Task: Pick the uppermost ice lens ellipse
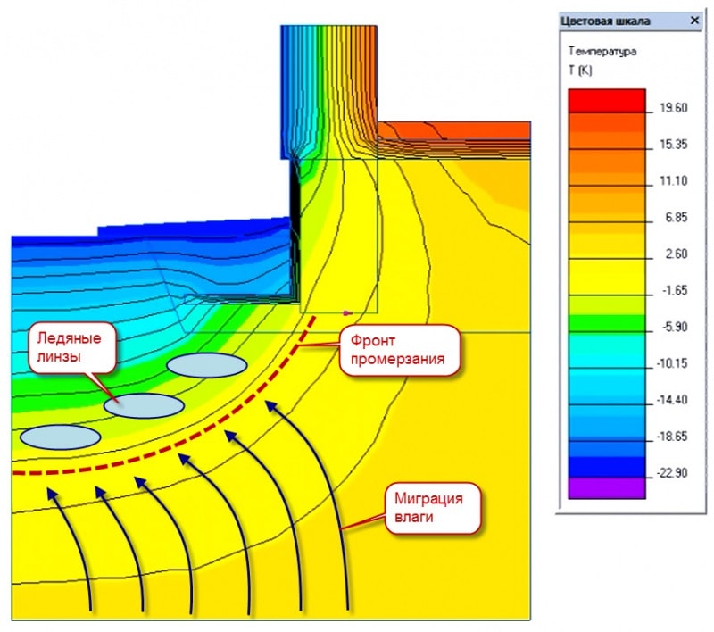pos(206,364)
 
